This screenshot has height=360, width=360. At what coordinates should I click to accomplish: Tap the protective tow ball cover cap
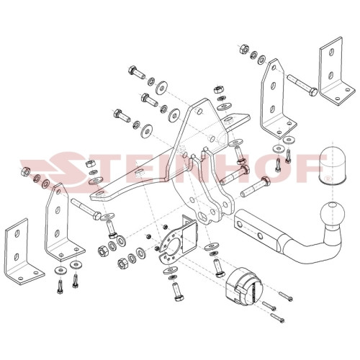coord(333,166)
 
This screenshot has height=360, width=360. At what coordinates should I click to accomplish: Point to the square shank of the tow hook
coord(257,225)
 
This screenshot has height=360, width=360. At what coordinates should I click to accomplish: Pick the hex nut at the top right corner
coord(244,49)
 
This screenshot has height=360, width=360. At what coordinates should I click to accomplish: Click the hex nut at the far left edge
coord(25,171)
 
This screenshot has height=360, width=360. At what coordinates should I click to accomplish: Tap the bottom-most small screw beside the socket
coord(278,318)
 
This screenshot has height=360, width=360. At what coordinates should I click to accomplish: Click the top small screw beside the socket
coord(286,295)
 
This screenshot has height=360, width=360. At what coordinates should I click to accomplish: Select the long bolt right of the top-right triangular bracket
coord(302,85)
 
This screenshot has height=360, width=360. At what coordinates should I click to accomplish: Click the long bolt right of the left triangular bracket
coord(86,208)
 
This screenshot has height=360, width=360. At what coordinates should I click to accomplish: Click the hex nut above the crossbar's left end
coord(89,164)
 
